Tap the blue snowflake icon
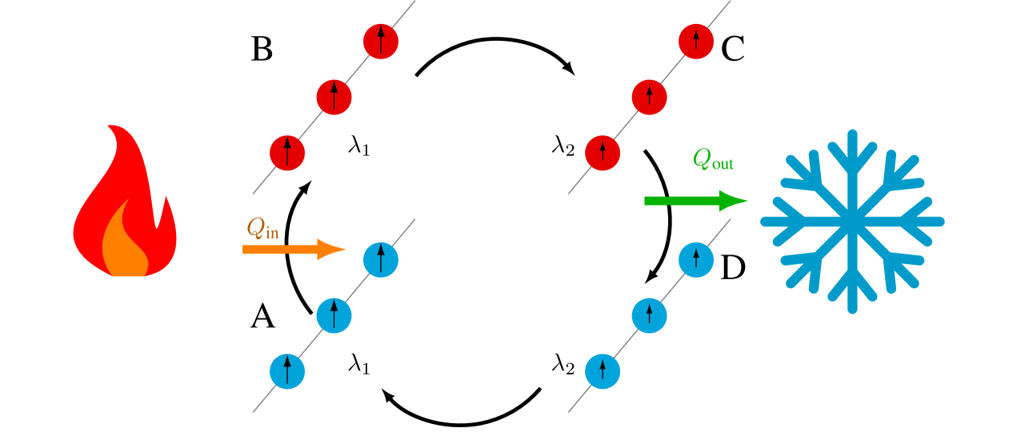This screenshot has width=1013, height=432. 852,221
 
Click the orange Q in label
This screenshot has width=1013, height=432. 262,230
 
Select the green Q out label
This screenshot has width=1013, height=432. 712,161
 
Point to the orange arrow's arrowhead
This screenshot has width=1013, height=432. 331,250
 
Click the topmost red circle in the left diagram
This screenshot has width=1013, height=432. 381,42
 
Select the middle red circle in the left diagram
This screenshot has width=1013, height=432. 334,97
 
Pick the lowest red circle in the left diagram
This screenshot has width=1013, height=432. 287,153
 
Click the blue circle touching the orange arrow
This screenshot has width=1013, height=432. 381,260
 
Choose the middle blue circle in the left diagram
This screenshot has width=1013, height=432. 334,315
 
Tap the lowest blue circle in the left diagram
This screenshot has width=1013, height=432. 287,371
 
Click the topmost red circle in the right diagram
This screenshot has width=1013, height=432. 696,42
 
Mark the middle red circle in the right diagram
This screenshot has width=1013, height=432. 649,97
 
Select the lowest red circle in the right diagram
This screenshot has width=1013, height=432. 603,153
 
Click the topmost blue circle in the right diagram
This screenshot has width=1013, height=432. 696,260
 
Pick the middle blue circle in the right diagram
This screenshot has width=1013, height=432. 649,315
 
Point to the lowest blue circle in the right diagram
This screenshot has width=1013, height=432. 603,371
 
